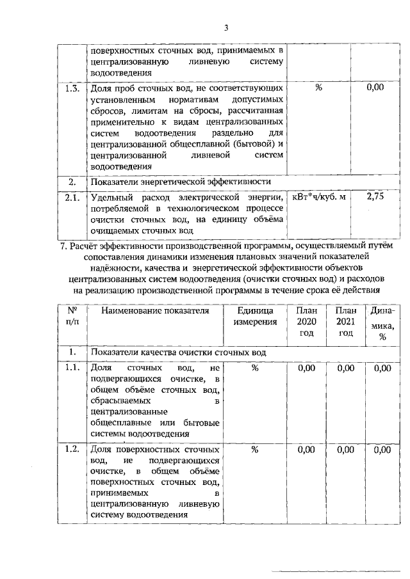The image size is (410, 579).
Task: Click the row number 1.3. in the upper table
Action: tap(72, 88)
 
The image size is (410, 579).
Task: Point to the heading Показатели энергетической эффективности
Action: tap(183, 181)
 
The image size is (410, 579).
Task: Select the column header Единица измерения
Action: tap(254, 315)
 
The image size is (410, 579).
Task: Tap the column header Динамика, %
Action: tap(382, 324)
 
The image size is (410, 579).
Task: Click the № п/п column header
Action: tap(72, 315)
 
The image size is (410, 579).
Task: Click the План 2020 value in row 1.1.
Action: tap(306, 369)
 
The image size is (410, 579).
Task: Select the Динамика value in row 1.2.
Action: tap(382, 450)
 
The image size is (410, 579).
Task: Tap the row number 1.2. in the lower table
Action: tap(72, 450)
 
